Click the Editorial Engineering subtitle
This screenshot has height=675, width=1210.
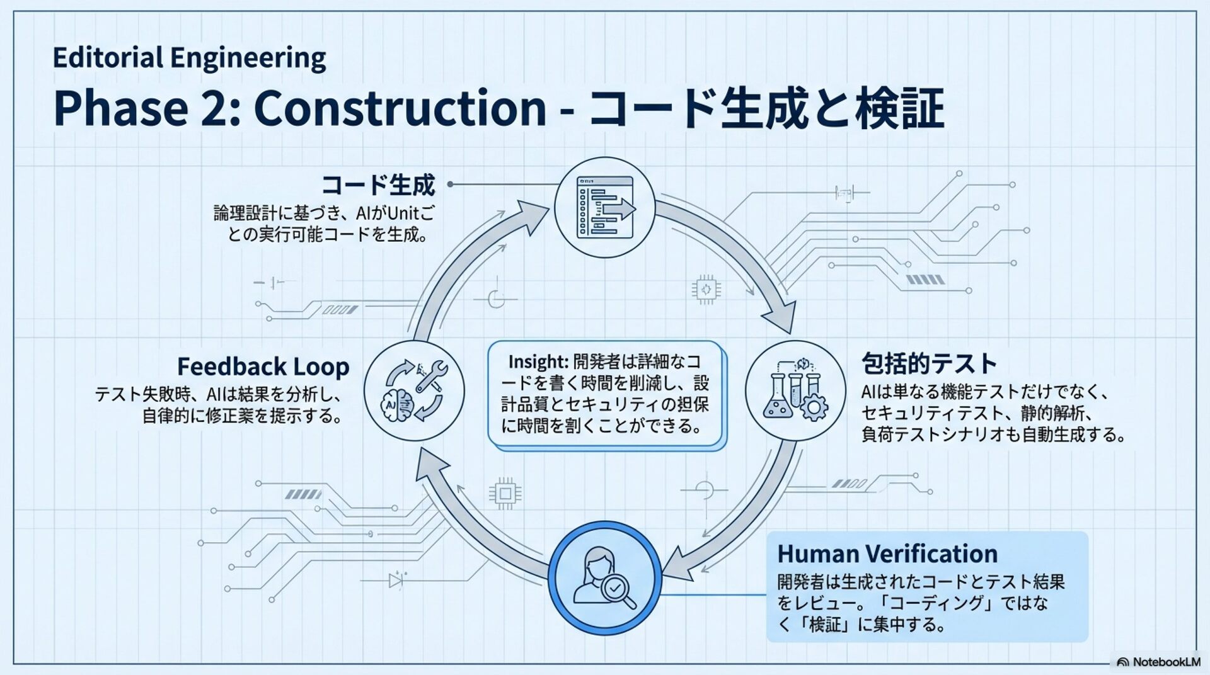click(189, 58)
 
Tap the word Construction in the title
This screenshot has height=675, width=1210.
click(400, 108)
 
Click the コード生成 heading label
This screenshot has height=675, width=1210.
click(378, 185)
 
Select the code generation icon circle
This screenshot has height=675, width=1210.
click(604, 207)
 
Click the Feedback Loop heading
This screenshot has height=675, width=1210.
click(263, 366)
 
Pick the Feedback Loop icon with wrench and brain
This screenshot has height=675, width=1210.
click(414, 390)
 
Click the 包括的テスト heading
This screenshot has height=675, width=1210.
click(929, 364)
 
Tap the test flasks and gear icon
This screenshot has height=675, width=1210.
click(795, 390)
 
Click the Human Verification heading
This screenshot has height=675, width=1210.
click(887, 554)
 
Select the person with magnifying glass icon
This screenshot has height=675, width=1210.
click(604, 577)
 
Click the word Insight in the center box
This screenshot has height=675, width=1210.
click(537, 362)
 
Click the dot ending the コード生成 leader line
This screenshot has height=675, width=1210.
click(451, 184)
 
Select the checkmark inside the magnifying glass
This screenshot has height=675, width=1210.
click(615, 588)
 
